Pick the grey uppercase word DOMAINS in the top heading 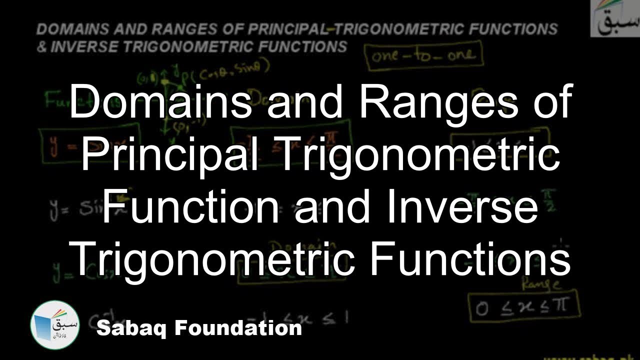click(x=74, y=28)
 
